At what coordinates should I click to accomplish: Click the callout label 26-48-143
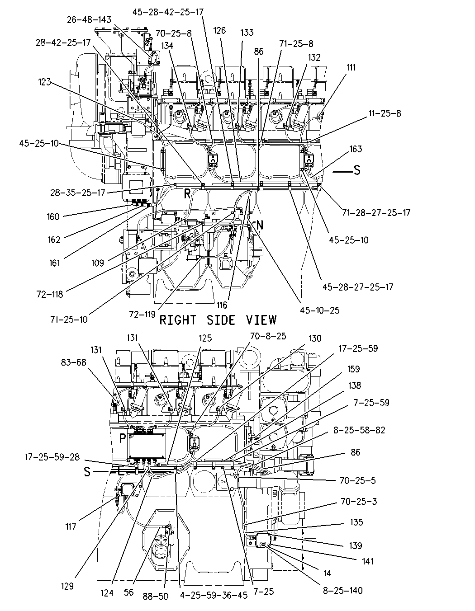89,20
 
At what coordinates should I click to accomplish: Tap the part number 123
44,82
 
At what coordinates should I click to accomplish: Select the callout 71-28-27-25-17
376,212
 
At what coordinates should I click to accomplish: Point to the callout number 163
356,149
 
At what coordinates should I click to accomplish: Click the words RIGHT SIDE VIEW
218,320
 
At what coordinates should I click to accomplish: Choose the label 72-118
50,294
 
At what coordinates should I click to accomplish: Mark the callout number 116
222,305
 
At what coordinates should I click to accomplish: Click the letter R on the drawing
187,193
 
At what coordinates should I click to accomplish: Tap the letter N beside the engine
260,225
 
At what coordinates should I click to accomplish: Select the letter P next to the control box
122,438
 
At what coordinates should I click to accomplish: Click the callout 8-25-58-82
359,430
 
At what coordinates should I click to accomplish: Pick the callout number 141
367,561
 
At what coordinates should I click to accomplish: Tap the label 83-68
73,362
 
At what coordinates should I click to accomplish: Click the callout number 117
71,526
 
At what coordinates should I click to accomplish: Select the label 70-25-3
358,501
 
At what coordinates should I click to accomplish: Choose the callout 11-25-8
385,113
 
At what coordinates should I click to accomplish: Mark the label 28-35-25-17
78,193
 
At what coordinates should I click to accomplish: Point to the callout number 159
353,369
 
